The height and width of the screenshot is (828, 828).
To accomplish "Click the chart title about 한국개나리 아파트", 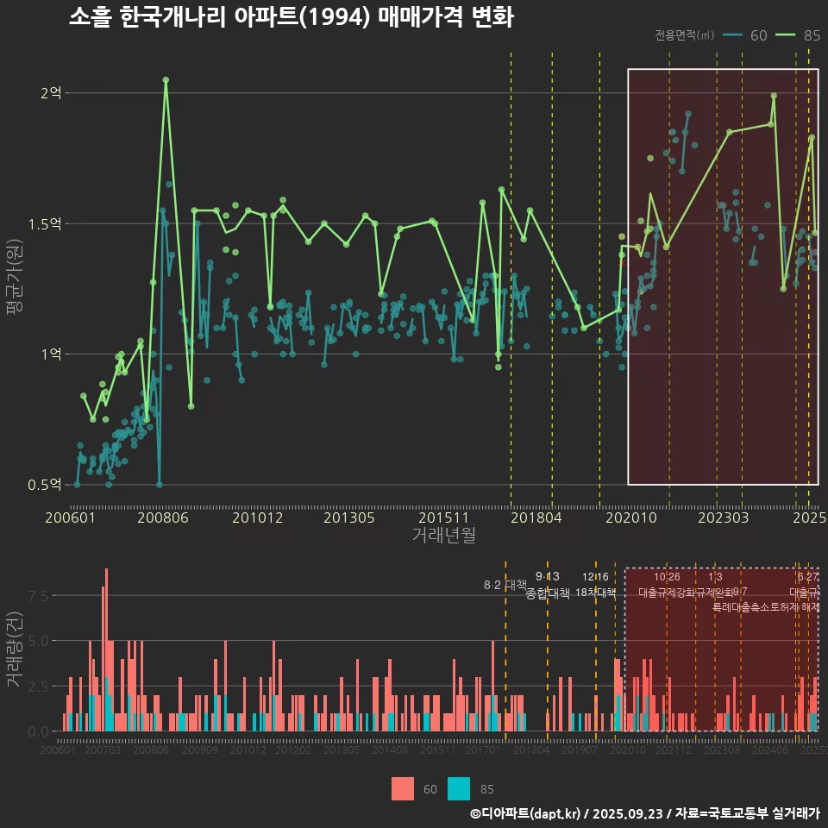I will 291,18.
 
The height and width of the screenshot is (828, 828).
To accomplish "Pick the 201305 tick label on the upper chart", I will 349,518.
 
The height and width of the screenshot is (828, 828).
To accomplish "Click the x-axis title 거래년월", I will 443,535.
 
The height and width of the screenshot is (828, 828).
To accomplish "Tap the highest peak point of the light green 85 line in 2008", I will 166,79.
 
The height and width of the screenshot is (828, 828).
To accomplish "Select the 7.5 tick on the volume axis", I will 39,595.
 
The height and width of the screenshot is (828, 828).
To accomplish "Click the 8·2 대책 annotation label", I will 505,585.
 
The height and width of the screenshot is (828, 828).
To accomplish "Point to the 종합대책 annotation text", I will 548,593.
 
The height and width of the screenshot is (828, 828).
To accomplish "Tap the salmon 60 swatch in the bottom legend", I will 403,788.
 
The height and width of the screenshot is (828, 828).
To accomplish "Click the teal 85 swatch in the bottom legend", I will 460,788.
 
